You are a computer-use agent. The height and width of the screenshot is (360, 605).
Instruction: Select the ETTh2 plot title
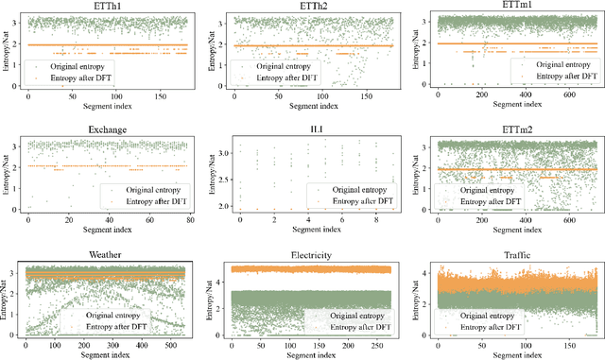click(x=303, y=8)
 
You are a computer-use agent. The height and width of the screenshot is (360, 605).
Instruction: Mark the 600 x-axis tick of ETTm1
click(x=571, y=95)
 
